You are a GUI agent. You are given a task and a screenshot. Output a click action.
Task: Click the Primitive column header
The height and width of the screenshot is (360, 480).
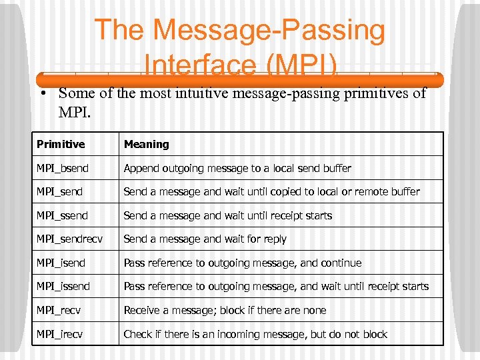coord(61,144)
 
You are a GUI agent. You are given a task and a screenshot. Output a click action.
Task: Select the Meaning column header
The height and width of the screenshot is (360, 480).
coord(147,144)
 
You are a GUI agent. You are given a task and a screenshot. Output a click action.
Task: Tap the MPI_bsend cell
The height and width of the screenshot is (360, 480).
coord(63,168)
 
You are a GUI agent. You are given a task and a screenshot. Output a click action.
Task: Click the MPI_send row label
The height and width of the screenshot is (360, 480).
coord(60,192)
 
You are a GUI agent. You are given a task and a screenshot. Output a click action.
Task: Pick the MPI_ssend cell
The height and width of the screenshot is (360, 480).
coord(62,215)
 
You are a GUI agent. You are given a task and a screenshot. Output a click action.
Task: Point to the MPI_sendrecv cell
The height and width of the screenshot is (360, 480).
coord(69,239)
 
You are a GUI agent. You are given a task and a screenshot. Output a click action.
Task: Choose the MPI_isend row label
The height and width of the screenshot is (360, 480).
coord(61,263)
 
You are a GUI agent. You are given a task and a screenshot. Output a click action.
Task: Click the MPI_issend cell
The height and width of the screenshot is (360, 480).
coord(63,287)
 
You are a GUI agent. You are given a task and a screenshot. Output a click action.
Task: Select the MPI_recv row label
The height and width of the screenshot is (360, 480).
coord(59,310)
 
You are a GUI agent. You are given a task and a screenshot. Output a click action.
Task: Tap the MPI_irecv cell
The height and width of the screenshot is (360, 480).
coord(59,334)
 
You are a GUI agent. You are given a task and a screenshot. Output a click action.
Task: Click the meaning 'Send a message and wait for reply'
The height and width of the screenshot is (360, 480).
coord(205,239)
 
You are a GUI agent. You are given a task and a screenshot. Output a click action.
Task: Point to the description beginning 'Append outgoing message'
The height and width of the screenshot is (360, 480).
coord(237,168)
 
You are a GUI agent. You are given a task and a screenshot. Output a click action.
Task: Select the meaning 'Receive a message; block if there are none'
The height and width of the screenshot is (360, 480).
coord(225,310)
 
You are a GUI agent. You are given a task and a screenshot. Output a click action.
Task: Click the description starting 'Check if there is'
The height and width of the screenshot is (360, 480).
coord(255,334)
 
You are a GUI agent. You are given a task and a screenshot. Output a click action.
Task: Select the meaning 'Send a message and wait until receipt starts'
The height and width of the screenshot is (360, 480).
coord(227,215)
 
